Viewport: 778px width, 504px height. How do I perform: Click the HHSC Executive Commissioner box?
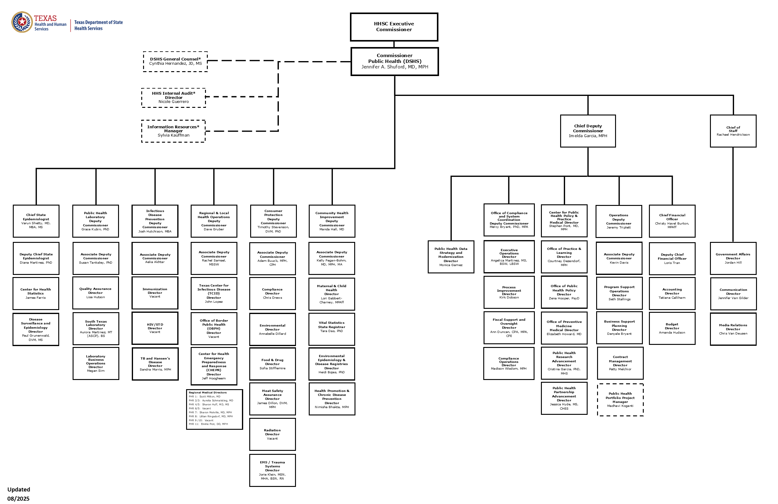click(x=394, y=27)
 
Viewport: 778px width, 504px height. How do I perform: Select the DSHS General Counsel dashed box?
click(x=175, y=61)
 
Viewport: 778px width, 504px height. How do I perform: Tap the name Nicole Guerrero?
click(x=174, y=102)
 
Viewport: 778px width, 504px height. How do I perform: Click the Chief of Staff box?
click(x=733, y=131)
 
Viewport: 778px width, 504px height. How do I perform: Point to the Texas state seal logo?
click(x=22, y=22)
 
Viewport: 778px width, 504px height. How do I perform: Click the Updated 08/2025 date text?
click(x=19, y=494)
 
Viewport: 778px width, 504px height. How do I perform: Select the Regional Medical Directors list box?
click(x=214, y=409)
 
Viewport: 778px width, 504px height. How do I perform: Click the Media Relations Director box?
click(x=733, y=329)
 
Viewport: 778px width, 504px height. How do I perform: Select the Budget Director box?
click(x=672, y=328)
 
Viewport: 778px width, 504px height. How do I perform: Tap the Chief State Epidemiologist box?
click(x=36, y=221)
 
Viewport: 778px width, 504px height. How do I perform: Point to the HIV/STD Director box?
click(x=155, y=328)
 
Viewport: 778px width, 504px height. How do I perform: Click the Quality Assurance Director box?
click(x=95, y=293)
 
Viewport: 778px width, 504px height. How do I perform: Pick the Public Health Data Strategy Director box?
click(x=451, y=257)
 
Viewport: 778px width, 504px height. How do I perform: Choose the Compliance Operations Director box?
click(x=509, y=363)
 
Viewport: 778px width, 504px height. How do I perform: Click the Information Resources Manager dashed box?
click(x=173, y=131)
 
